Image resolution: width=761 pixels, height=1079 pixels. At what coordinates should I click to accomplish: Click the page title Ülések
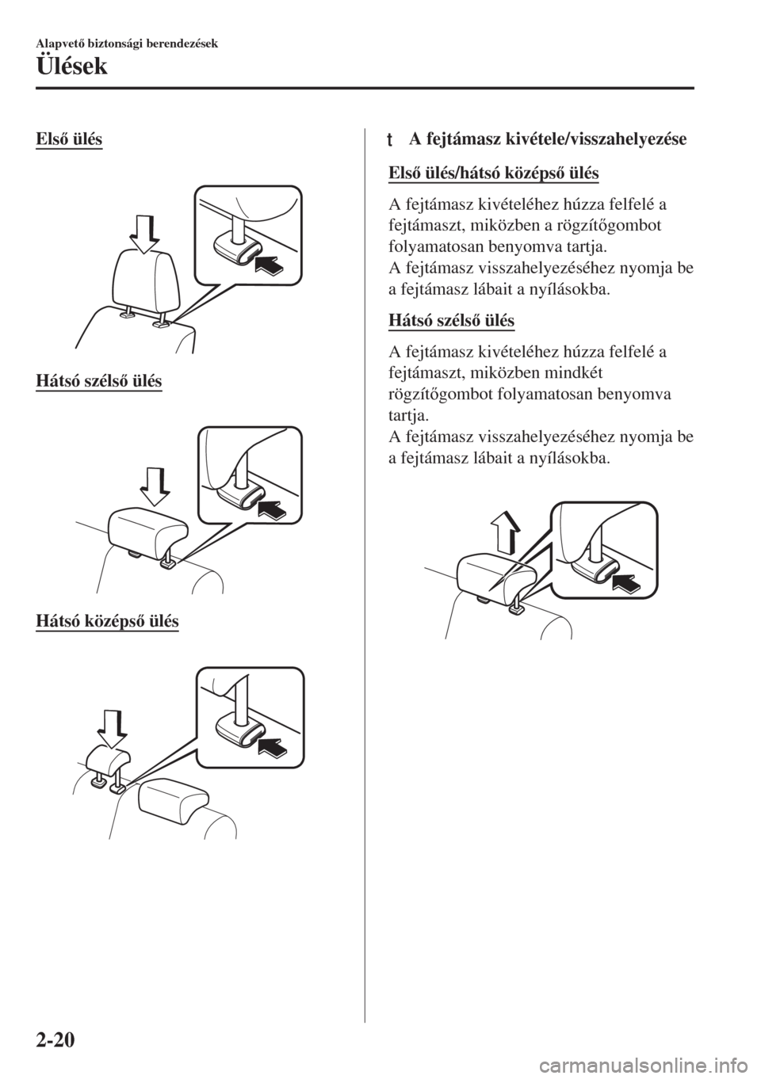pos(72,67)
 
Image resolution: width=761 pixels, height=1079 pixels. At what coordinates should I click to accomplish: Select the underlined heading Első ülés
pos(69,139)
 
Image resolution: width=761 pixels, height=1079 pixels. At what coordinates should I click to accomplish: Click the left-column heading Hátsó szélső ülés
pos(99,381)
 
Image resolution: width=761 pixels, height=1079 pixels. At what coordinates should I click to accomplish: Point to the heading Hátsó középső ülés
pos(107,621)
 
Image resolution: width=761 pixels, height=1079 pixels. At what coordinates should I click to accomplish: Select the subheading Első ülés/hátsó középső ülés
pos(494,173)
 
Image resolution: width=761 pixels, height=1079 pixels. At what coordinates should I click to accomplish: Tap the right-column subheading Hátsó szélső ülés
pos(451,320)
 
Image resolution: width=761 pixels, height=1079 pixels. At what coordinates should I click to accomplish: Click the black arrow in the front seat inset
pos(270,264)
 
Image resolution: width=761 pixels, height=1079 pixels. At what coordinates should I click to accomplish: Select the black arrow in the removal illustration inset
pos(627,582)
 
